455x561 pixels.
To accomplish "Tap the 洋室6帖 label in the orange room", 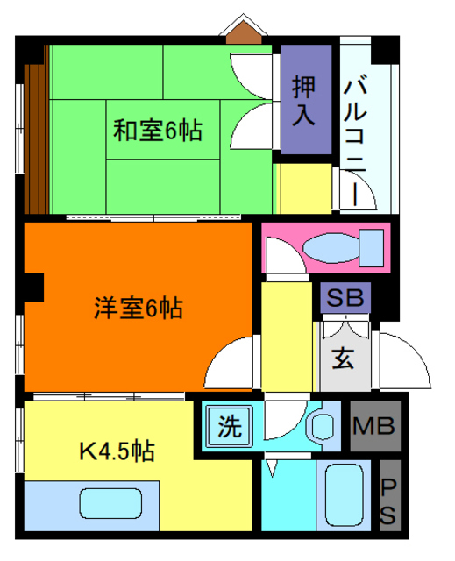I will pyautogui.click(x=139, y=309).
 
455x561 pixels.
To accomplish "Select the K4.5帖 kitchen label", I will pyautogui.click(x=117, y=451).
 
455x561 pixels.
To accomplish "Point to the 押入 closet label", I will pyautogui.click(x=305, y=101).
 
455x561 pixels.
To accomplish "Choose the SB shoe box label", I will pyautogui.click(x=345, y=298).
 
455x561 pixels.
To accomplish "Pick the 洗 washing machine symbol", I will pyautogui.click(x=230, y=427).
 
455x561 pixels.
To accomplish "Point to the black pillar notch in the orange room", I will pyautogui.click(x=33, y=286).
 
